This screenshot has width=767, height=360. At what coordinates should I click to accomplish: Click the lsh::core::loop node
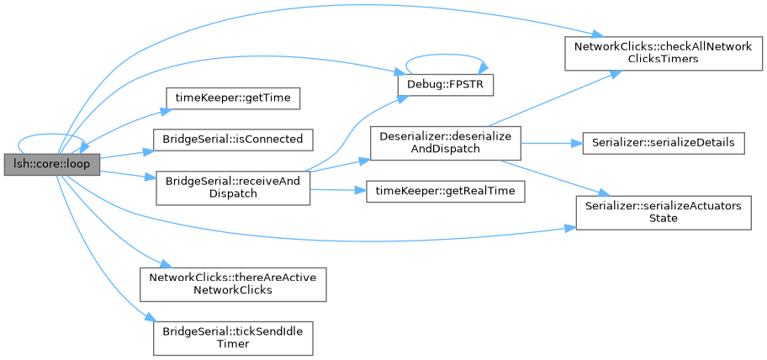click(x=52, y=164)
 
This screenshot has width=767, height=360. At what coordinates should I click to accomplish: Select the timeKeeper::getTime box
click(x=233, y=98)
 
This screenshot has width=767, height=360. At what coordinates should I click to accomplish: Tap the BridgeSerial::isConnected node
click(x=233, y=140)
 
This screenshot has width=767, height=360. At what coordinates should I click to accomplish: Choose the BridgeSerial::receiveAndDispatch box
click(x=233, y=188)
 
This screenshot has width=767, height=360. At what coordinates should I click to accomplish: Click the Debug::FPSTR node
click(x=445, y=85)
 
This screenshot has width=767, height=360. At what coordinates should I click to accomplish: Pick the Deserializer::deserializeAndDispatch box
click(x=445, y=143)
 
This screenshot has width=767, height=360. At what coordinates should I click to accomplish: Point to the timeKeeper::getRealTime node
click(x=445, y=191)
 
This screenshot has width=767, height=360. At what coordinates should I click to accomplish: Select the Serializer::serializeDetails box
click(x=664, y=143)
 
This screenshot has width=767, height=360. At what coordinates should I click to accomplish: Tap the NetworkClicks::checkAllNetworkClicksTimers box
click(x=664, y=53)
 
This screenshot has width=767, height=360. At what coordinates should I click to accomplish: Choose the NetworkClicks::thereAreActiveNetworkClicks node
click(x=233, y=284)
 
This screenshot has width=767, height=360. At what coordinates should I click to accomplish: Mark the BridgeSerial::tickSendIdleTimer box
click(x=233, y=338)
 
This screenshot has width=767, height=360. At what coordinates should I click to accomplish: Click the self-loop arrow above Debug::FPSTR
click(x=445, y=55)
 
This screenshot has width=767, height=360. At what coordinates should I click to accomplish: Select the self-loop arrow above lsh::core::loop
click(x=52, y=134)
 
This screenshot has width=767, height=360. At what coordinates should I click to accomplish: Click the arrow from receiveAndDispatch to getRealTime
click(x=338, y=190)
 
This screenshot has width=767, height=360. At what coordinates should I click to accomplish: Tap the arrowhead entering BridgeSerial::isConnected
click(x=148, y=151)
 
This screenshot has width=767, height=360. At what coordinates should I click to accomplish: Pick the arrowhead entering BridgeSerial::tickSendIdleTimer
click(x=149, y=318)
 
